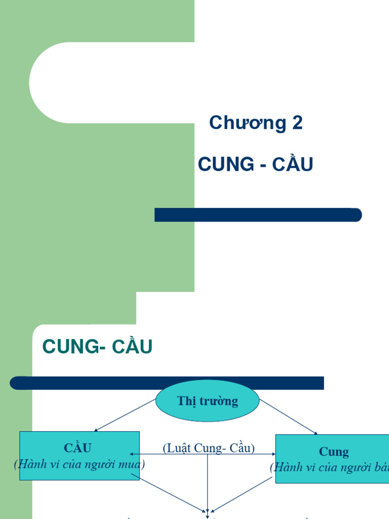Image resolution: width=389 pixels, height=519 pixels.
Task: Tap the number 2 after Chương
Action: (x=297, y=123)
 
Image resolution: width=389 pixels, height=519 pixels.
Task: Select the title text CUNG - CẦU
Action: (x=255, y=164)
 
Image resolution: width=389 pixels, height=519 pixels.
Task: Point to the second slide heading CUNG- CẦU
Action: (x=97, y=347)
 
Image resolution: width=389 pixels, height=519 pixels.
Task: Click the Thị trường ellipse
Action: (x=207, y=401)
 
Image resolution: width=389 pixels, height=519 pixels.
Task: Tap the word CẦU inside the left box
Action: (x=77, y=448)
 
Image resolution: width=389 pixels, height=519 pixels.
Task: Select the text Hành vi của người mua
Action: (x=80, y=464)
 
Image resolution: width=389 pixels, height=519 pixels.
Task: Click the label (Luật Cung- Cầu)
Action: (x=208, y=448)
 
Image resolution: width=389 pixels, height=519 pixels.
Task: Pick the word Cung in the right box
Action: (x=334, y=452)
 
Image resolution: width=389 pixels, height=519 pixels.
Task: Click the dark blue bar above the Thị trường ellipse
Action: (x=167, y=383)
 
